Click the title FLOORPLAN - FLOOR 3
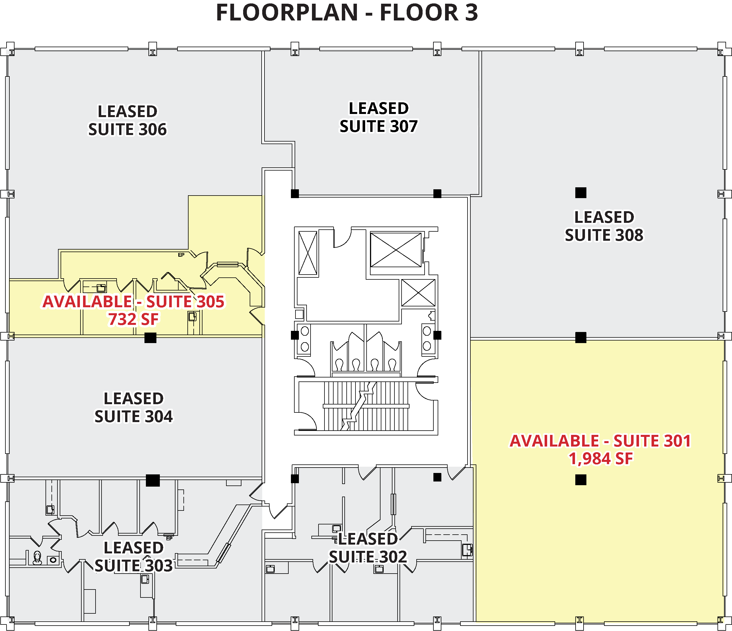tap(347, 13)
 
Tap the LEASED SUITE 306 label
tap(127, 121)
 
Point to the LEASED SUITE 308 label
tap(604, 226)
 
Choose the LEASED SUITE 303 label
tap(134, 557)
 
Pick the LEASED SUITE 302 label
tap(368, 548)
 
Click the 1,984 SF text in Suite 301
tap(600, 459)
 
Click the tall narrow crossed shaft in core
tap(308, 253)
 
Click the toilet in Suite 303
tap(37, 558)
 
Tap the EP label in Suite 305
tap(181, 255)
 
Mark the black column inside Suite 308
tap(580, 193)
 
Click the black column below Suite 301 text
tap(580, 480)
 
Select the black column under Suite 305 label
tap(150, 338)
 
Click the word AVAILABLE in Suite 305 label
tap(87, 302)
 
